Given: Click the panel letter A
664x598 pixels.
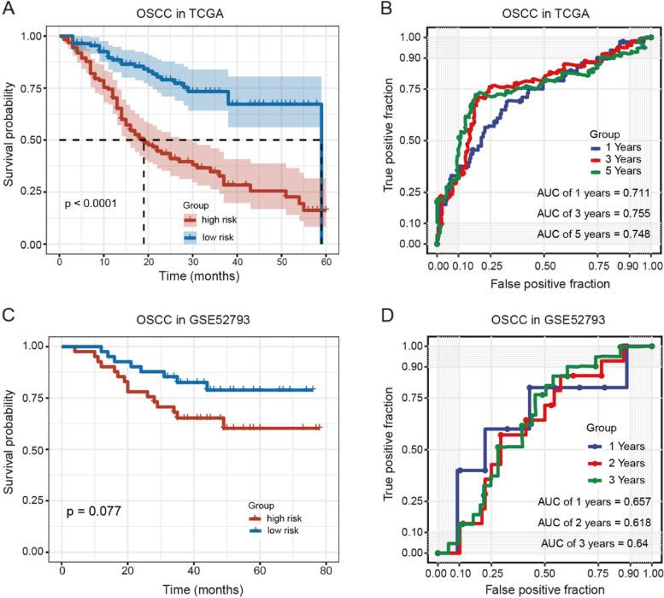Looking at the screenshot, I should [9, 9].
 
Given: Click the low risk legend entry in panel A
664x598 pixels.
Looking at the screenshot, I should [218, 235].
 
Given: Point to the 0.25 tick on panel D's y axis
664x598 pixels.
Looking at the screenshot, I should [409, 500].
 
